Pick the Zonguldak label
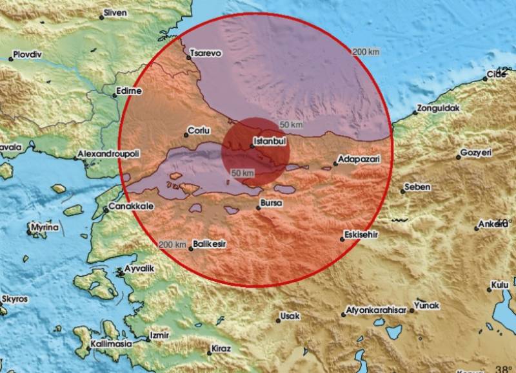[x=438, y=109]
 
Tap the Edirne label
[x=129, y=92]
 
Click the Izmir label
[x=158, y=336]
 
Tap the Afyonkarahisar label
[x=377, y=309]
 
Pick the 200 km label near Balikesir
[x=172, y=244]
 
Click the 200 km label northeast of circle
[x=365, y=52]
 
